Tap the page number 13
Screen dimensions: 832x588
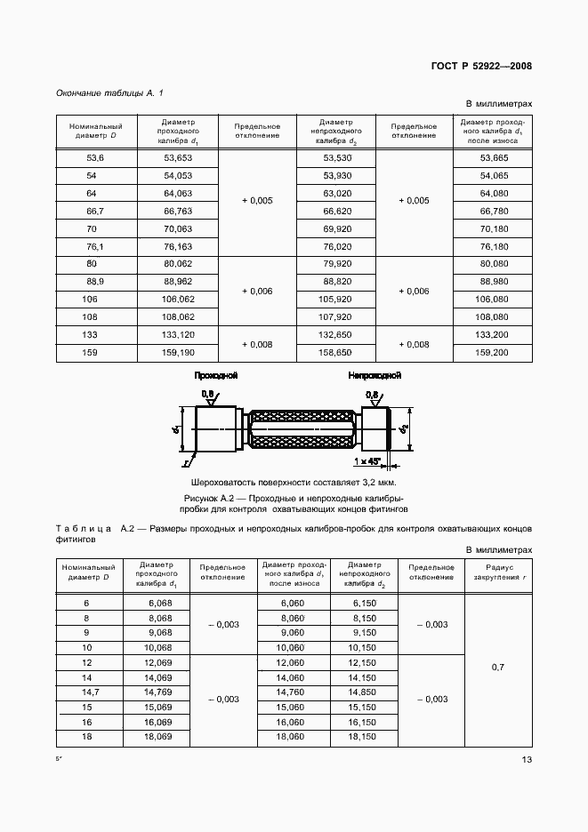[x=526, y=758]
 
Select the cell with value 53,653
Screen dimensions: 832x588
[x=178, y=157]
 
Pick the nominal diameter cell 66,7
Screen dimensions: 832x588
[x=94, y=211]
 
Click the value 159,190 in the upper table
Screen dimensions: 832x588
[x=178, y=353]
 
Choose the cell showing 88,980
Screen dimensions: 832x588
[x=494, y=281]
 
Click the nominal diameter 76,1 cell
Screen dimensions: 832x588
[x=94, y=246]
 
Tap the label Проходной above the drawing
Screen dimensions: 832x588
[x=215, y=376]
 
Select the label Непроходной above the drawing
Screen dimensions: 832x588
[x=375, y=376]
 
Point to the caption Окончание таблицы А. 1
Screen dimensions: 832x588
[x=109, y=93]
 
